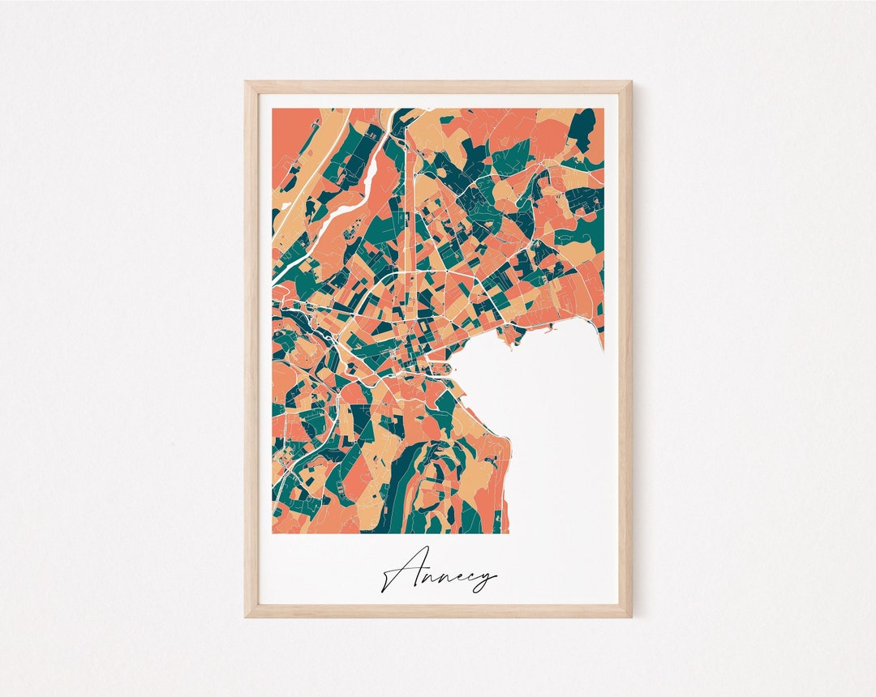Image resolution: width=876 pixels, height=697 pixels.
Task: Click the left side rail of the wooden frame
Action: point(251,348)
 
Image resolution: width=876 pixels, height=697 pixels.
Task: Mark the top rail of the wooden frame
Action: point(438,86)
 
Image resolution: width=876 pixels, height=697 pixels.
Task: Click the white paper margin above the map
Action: point(438,100)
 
